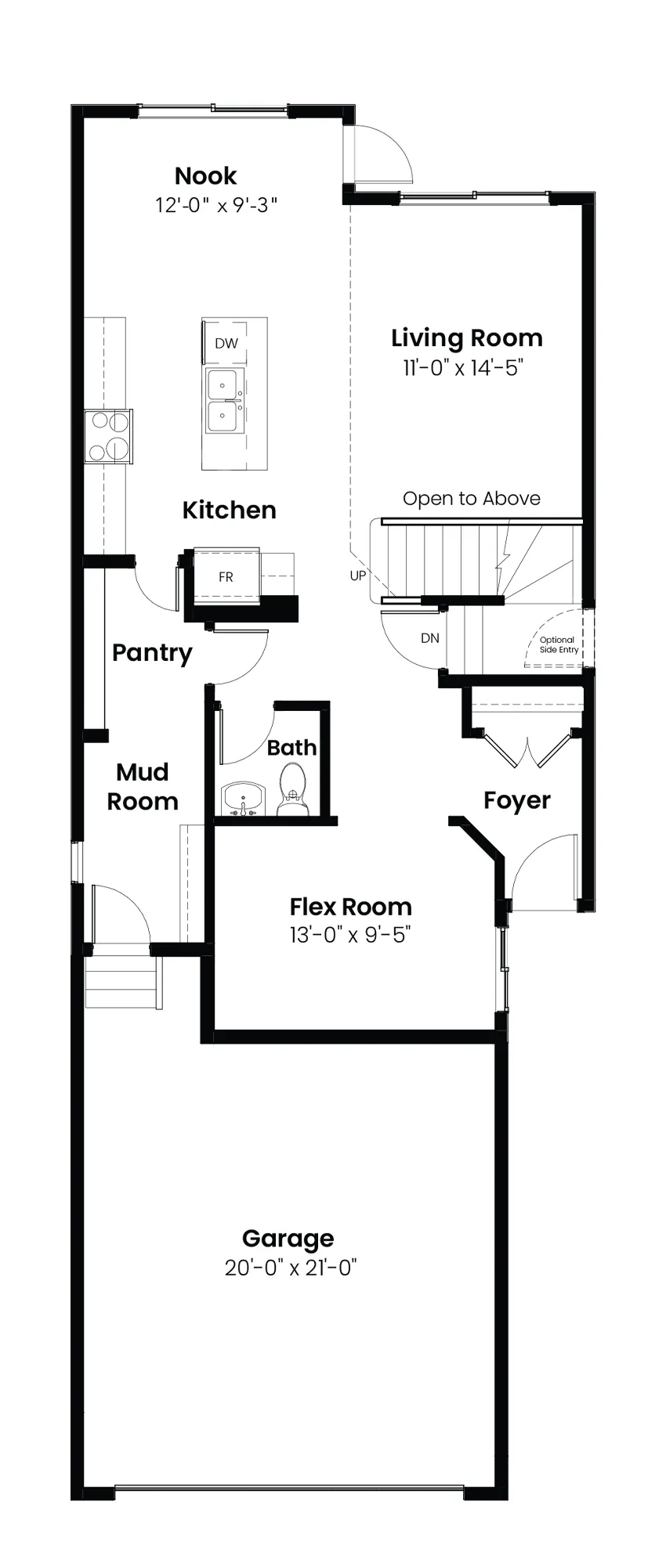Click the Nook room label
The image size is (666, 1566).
point(205,175)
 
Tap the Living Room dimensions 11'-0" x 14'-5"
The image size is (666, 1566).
point(462,367)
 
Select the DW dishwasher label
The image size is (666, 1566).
point(226,343)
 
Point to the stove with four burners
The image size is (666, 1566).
point(108,436)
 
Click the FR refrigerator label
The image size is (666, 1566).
point(226,577)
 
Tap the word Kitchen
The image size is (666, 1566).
point(229,510)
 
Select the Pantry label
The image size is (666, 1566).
point(152,653)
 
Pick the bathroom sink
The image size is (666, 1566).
point(243,799)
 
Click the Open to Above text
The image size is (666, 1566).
point(472,499)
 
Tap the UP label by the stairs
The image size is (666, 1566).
point(358,576)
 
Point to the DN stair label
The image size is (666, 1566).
point(430,638)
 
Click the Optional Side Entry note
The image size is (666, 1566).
point(559,644)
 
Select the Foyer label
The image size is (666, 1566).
point(517,800)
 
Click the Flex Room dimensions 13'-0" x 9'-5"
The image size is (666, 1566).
point(350,934)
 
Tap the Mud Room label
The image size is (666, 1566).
point(143,787)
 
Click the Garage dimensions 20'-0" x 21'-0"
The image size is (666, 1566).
point(290,1267)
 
